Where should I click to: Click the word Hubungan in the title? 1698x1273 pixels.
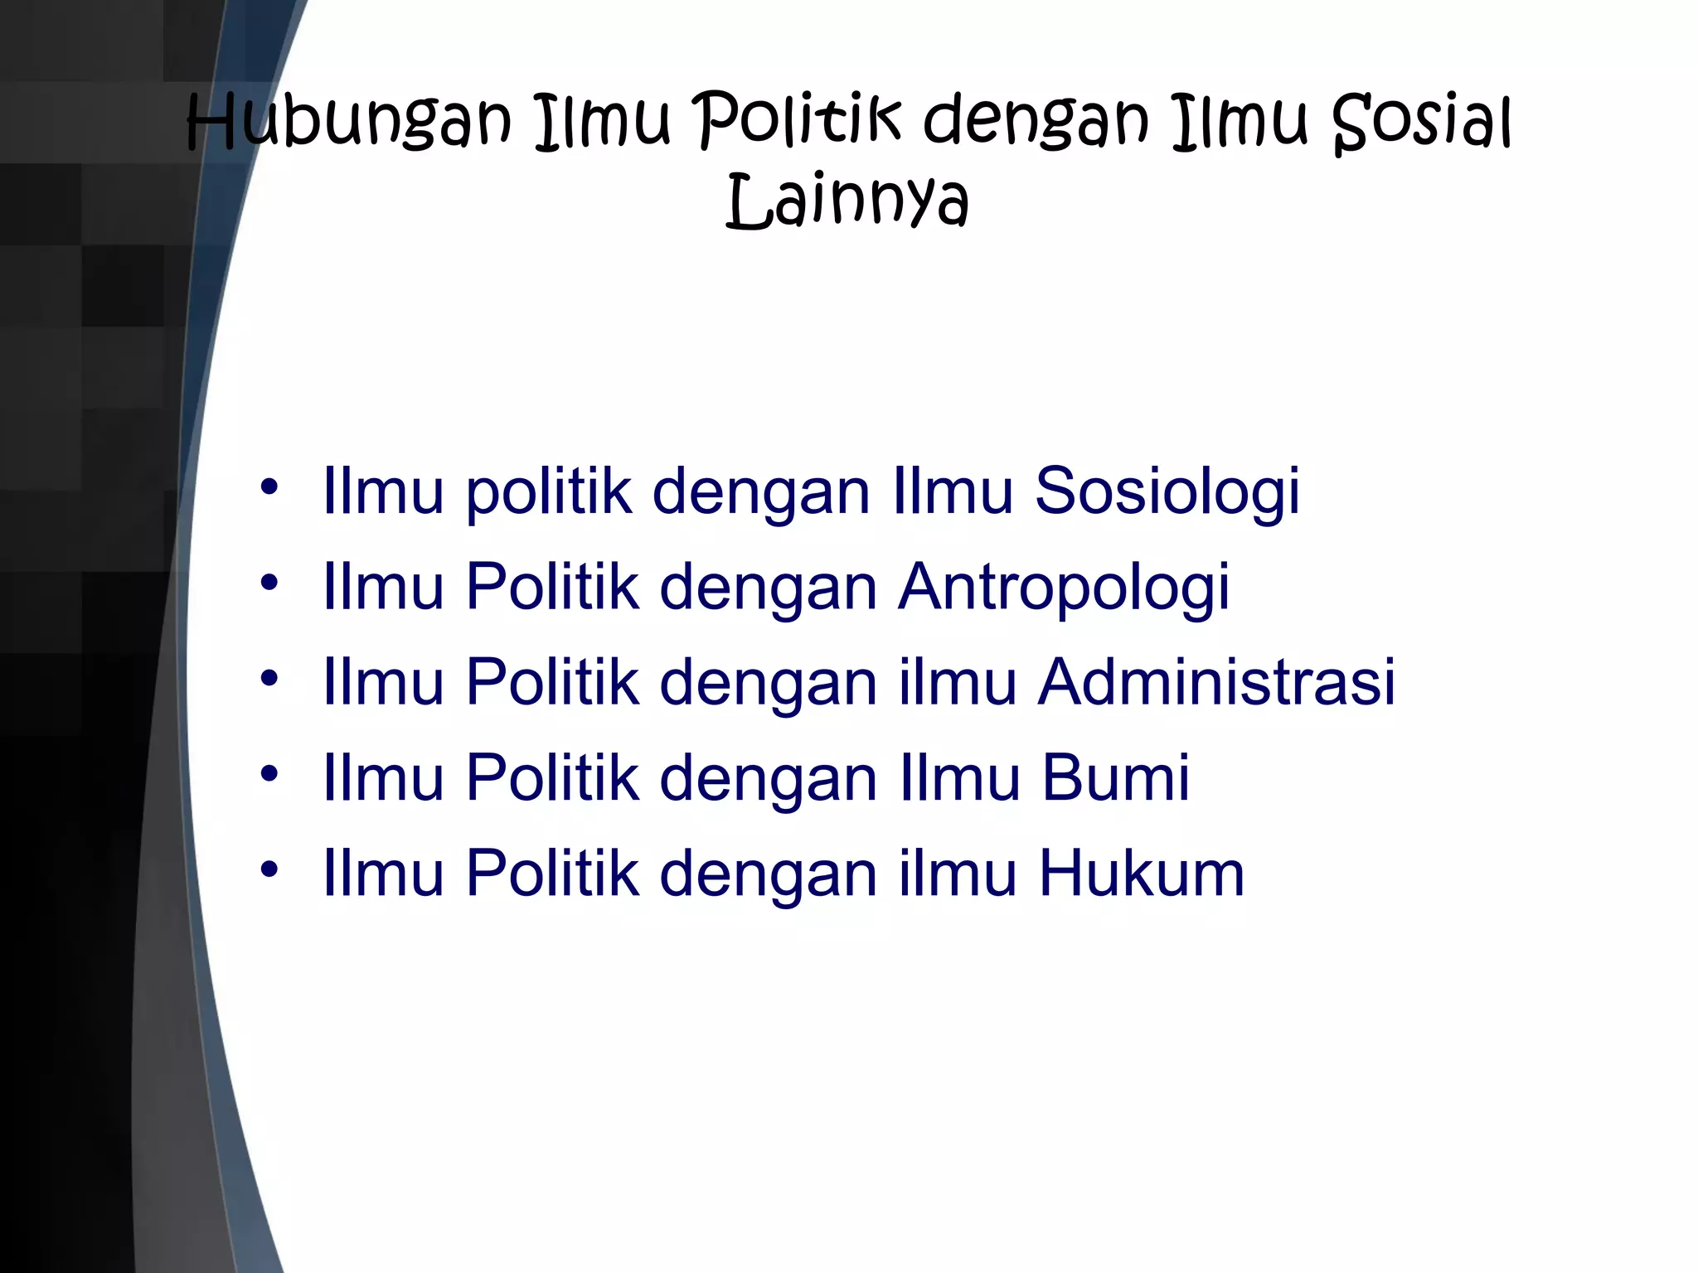pos(349,123)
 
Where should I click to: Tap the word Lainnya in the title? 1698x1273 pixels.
pos(847,201)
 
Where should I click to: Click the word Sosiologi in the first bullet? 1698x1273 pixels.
pos(1167,491)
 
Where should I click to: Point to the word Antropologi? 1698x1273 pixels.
pos(1064,588)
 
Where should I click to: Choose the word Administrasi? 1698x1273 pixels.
pos(1217,683)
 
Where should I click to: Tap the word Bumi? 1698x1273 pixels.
pos(1115,778)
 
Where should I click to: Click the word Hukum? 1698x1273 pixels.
pos(1142,874)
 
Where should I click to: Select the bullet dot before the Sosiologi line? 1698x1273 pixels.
pos(269,487)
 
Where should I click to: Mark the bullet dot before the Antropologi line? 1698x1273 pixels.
pos(269,583)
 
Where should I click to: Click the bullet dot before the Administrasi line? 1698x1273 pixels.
pos(269,679)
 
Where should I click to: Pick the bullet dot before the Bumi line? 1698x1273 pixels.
pos(269,774)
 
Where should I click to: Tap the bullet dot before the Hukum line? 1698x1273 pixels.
pos(269,869)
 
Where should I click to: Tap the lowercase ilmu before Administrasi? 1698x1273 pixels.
pos(958,683)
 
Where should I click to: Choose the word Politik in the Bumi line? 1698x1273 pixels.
pos(553,778)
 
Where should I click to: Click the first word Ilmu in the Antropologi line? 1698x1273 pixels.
pos(383,588)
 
